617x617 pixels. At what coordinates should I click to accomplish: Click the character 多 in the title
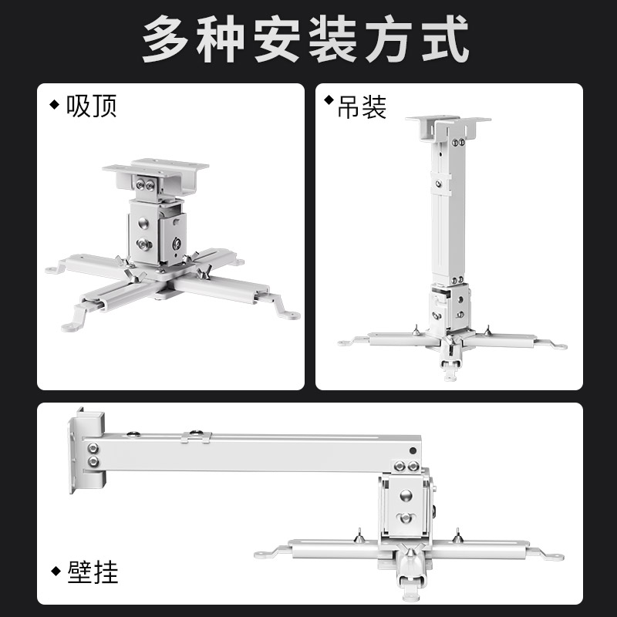(x=167, y=40)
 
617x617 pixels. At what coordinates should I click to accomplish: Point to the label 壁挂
(x=93, y=573)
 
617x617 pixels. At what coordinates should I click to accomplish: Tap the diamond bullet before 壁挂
(x=56, y=571)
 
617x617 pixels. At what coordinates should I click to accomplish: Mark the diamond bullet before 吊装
(x=329, y=100)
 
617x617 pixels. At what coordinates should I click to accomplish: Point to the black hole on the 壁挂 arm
(x=413, y=450)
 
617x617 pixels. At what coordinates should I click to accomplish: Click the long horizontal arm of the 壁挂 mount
(x=255, y=455)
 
